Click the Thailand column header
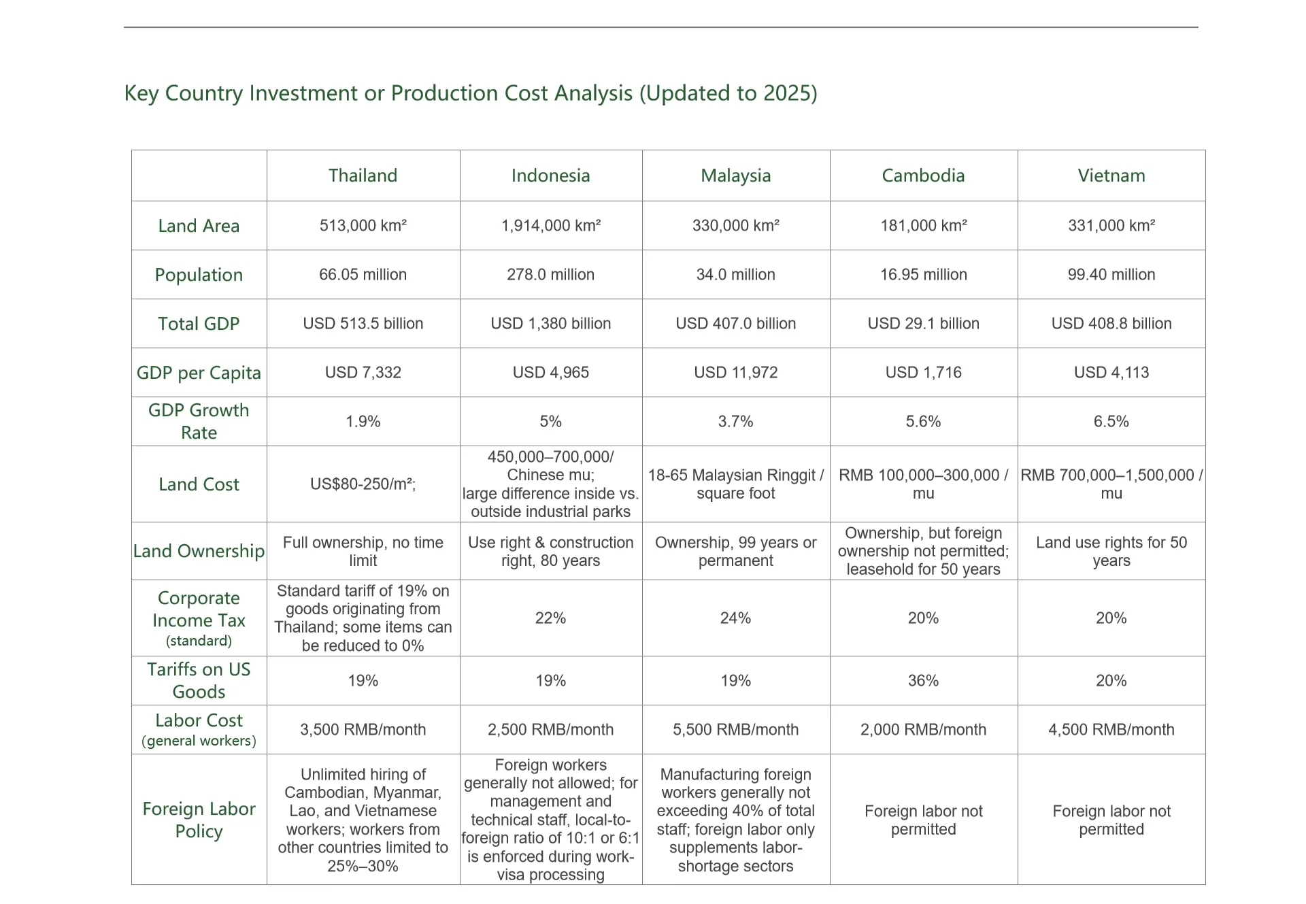[x=363, y=175]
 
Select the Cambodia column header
[x=923, y=175]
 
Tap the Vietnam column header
[x=1111, y=175]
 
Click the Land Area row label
[x=199, y=226]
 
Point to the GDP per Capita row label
[x=199, y=373]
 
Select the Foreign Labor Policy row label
[x=199, y=820]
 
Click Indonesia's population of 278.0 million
[x=550, y=275]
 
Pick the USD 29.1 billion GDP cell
[x=923, y=324]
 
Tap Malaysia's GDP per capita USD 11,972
[x=735, y=373]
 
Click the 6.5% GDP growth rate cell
[x=1111, y=422]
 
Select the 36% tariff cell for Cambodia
[x=923, y=681]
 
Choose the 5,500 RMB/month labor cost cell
[x=735, y=730]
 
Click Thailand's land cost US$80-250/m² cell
[x=363, y=484]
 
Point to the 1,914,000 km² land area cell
[x=550, y=226]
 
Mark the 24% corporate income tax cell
[x=735, y=618]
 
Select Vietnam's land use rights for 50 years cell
[x=1111, y=552]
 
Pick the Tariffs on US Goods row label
[x=199, y=680]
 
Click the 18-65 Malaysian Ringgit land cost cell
[x=735, y=484]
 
